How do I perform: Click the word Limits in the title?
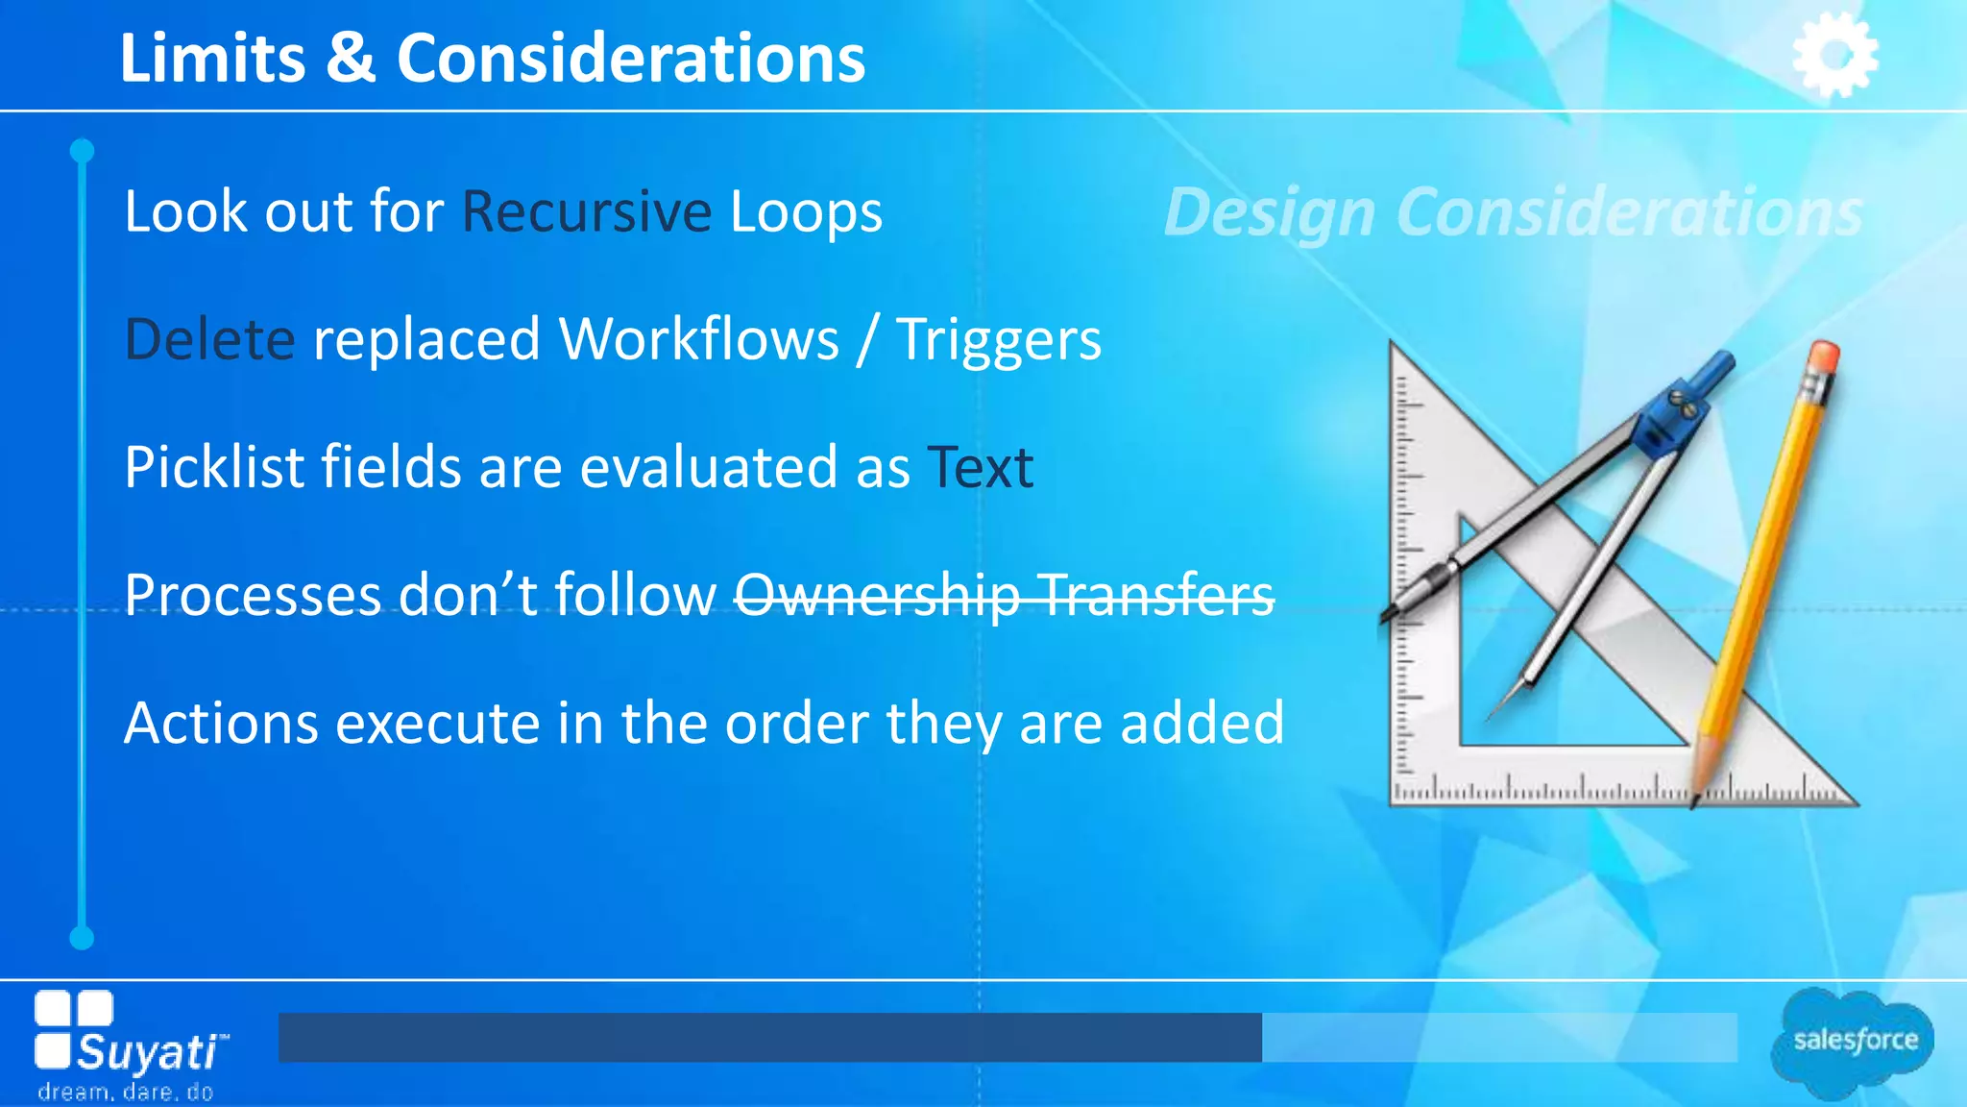[212, 58]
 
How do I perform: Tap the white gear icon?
[1834, 56]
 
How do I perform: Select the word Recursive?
[587, 211]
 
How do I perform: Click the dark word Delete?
[209, 339]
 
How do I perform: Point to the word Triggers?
[999, 341]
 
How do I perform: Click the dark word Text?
[981, 468]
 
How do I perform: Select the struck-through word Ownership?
[877, 595]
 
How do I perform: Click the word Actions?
[221, 723]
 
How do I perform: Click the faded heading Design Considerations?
[1513, 211]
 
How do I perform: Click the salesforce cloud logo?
[1854, 1041]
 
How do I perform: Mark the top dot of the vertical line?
[83, 151]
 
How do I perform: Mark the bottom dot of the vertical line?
[83, 938]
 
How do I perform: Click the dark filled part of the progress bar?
[768, 1037]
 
